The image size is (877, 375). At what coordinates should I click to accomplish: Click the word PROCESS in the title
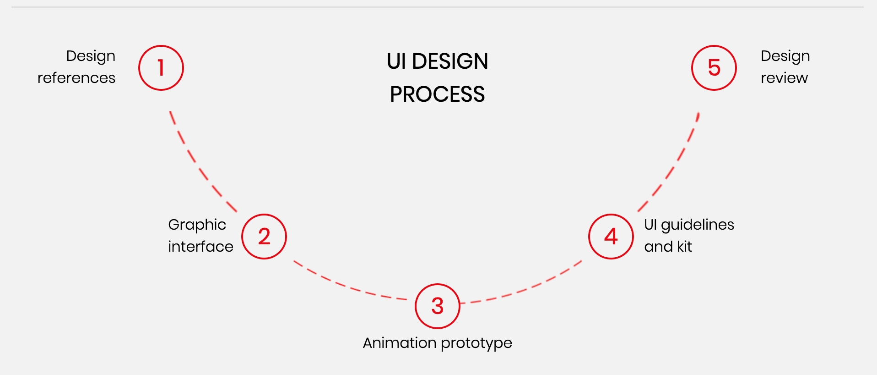tap(437, 94)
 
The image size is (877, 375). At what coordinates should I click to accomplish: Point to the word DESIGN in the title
tap(450, 61)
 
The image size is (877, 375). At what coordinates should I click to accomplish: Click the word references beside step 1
tap(76, 78)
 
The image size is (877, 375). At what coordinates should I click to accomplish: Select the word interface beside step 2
tap(200, 247)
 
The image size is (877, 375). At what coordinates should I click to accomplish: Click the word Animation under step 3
tap(400, 343)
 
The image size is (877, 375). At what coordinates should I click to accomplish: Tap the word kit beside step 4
tap(684, 247)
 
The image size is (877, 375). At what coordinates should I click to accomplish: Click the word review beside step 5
tap(784, 78)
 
